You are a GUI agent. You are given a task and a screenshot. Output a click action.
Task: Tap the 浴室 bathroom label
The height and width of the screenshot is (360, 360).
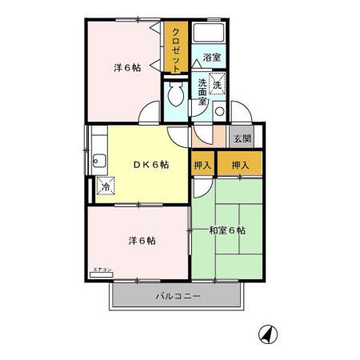[211, 58]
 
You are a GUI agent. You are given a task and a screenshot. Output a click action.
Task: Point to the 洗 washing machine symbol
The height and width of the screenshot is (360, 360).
[218, 82]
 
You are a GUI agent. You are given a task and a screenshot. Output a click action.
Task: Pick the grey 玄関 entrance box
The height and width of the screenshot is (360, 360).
[242, 138]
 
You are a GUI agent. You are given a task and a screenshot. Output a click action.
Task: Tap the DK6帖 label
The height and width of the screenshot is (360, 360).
[150, 166]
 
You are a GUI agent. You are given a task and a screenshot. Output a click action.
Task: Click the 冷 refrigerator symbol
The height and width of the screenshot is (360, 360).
[105, 186]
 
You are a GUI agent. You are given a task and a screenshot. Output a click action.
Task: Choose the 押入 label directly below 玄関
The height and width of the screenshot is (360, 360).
[240, 165]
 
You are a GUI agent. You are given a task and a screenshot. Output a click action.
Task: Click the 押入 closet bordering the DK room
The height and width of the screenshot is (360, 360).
[202, 165]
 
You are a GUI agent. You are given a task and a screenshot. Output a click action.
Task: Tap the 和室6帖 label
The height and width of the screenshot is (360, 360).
[227, 231]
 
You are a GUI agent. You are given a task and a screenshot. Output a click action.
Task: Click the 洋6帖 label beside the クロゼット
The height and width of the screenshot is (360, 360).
[126, 68]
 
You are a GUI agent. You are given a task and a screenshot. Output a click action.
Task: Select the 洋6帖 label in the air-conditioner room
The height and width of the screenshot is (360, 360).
[138, 240]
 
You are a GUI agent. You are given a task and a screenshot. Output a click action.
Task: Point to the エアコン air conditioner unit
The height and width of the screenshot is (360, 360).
[102, 274]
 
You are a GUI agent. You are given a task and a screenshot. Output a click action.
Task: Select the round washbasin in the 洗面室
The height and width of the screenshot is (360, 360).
[218, 112]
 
